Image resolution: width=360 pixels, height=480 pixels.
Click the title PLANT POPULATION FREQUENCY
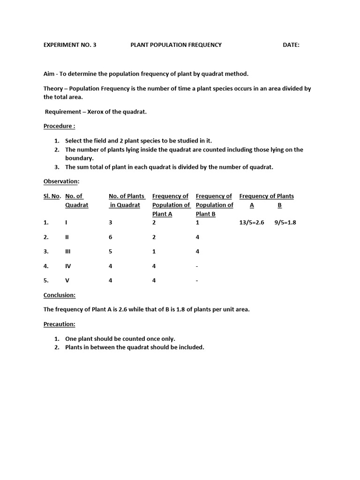(176, 45)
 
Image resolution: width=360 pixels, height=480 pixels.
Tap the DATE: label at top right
(291, 45)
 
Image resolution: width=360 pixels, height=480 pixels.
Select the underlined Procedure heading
(59, 126)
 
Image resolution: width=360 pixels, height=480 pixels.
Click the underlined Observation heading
(61, 181)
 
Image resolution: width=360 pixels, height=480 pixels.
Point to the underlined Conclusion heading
(60, 295)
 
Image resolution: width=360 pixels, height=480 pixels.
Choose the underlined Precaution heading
(60, 324)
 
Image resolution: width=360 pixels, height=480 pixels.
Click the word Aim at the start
(49, 74)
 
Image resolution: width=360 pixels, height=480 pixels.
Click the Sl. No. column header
(52, 196)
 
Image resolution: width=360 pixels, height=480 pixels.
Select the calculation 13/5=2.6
(252, 223)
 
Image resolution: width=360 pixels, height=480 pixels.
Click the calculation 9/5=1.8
(285, 223)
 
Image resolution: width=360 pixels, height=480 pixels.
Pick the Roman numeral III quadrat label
(67, 252)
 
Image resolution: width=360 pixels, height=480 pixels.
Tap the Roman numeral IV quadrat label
(68, 266)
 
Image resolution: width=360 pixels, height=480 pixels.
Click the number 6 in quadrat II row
(111, 237)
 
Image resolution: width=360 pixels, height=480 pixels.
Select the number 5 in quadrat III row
(111, 252)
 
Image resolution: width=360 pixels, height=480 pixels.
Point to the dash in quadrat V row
(197, 281)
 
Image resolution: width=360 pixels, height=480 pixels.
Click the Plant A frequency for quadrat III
(154, 252)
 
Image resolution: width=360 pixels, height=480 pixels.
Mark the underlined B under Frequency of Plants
(279, 205)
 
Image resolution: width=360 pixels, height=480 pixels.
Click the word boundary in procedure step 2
(79, 158)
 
